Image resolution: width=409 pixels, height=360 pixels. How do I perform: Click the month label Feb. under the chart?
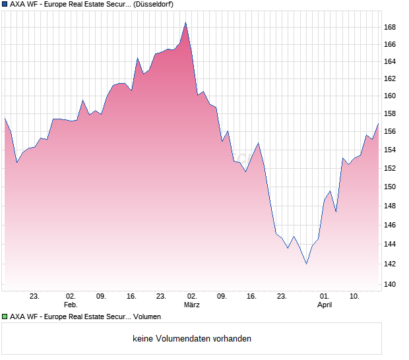[x=71, y=305]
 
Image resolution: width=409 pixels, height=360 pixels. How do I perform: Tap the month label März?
[x=192, y=305]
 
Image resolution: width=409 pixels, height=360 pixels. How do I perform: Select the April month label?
[x=325, y=305]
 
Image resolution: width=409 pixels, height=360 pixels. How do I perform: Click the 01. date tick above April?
[x=325, y=297]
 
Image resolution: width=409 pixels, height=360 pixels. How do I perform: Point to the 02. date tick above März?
[x=192, y=297]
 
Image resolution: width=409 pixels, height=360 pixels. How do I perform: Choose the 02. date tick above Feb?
[x=71, y=297]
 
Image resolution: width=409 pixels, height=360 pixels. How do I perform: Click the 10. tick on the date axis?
[x=354, y=297]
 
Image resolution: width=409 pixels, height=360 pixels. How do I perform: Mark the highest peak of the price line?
[x=186, y=22]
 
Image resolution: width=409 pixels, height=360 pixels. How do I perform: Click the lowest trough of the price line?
[x=307, y=264]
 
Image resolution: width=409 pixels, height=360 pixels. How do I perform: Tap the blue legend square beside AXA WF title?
[x=5, y=4]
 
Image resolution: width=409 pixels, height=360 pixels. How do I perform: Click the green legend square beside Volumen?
[x=5, y=316]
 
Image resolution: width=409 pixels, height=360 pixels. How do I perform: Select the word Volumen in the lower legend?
[x=147, y=316]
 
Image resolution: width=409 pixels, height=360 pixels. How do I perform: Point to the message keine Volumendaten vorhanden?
[x=192, y=339]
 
